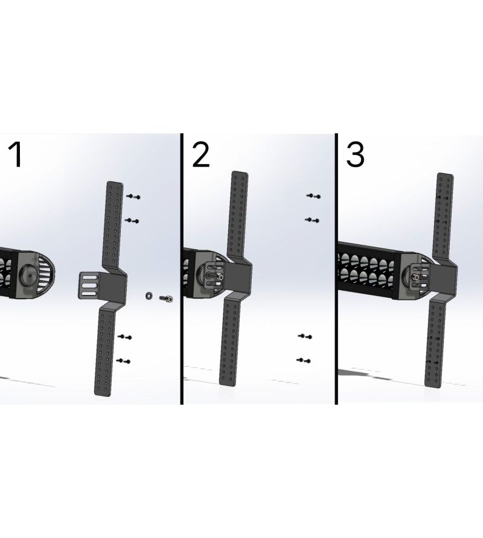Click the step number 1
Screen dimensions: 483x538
tap(16, 155)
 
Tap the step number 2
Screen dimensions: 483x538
tap(200, 155)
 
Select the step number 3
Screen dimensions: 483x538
tap(355, 155)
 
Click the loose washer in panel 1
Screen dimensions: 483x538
tap(149, 296)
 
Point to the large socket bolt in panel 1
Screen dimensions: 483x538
tap(166, 299)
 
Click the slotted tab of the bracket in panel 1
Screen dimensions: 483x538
tap(89, 285)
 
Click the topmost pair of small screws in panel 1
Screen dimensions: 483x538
tap(133, 197)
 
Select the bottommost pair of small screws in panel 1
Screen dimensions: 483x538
tap(123, 361)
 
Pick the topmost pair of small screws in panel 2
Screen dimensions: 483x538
tap(313, 196)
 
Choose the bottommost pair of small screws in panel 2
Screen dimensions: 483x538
tap(304, 360)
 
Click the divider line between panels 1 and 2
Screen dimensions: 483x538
tap(181, 269)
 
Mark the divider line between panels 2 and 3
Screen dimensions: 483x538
tap(336, 269)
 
